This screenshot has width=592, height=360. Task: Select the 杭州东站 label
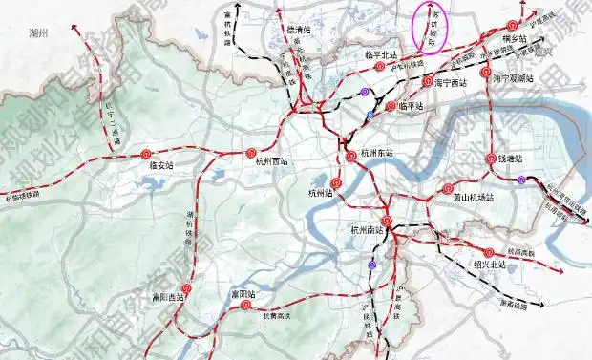click(378, 153)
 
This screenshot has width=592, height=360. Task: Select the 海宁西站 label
click(451, 83)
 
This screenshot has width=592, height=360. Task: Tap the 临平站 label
click(410, 106)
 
